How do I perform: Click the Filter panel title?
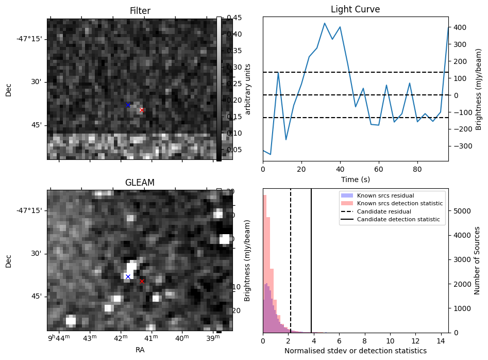(140, 11)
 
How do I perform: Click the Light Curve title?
(355, 9)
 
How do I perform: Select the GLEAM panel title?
(140, 183)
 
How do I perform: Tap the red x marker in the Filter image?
(142, 110)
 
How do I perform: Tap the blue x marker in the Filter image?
(128, 105)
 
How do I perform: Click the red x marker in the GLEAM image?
(142, 281)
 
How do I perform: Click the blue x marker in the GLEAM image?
(128, 276)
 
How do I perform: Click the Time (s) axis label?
(355, 179)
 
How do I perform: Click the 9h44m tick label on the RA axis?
(58, 338)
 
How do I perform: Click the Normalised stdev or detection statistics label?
(355, 351)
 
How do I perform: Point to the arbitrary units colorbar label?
(247, 89)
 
